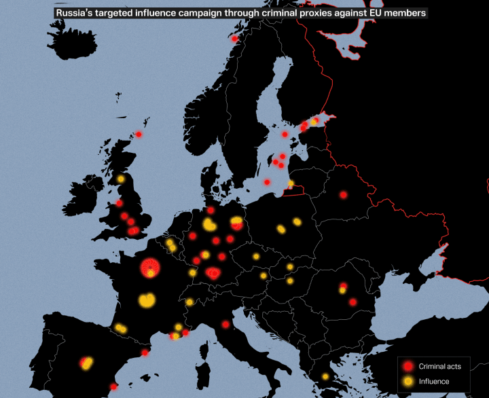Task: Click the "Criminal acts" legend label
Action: (439, 367)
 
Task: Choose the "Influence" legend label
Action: (434, 382)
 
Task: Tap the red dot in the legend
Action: (407, 367)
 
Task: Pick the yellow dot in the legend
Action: (407, 382)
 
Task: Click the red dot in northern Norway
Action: (234, 39)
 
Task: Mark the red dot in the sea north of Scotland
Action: (139, 134)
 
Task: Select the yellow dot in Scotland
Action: (121, 179)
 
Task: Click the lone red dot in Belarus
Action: (343, 194)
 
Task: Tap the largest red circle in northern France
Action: (149, 268)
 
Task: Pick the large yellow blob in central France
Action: (147, 299)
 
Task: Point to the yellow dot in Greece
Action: (325, 376)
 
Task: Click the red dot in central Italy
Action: (225, 325)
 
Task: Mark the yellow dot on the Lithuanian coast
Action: (291, 183)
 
